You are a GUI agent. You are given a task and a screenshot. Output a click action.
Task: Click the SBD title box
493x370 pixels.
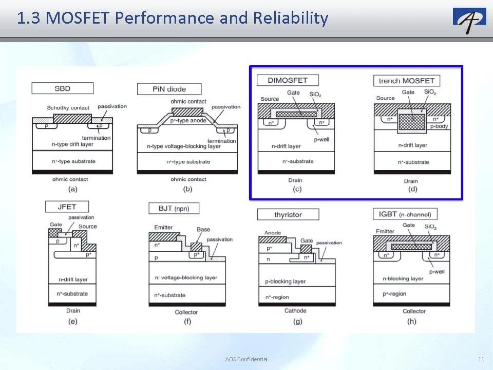pyautogui.click(x=63, y=88)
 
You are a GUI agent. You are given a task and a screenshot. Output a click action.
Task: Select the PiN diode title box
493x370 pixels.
pyautogui.click(x=169, y=89)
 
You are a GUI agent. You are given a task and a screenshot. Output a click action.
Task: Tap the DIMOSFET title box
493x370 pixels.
pyautogui.click(x=288, y=80)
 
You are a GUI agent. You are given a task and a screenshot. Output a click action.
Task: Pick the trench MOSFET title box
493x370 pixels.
pyautogui.click(x=407, y=81)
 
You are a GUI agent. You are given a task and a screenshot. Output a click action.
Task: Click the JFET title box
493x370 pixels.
pyautogui.click(x=67, y=207)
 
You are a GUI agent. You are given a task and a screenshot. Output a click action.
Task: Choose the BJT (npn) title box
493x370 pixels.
pyautogui.click(x=174, y=208)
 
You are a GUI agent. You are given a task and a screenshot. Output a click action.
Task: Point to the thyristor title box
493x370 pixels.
pyautogui.click(x=288, y=215)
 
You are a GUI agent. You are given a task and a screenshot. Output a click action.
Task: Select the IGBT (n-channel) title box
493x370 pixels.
pyautogui.click(x=405, y=214)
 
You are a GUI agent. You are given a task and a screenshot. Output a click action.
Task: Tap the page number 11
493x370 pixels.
pyautogui.click(x=481, y=359)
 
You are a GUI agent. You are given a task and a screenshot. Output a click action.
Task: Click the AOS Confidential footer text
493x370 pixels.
pyautogui.click(x=246, y=359)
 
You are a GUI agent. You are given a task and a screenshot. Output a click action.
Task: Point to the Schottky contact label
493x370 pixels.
pyautogui.click(x=68, y=107)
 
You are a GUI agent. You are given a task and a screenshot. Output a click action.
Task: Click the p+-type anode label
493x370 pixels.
pyautogui.click(x=188, y=120)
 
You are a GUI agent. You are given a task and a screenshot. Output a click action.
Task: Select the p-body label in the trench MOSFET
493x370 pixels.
pyautogui.click(x=439, y=126)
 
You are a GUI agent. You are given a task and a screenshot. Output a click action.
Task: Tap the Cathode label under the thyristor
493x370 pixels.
pyautogui.click(x=295, y=311)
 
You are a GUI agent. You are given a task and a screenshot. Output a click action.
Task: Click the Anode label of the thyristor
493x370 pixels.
pyautogui.click(x=273, y=233)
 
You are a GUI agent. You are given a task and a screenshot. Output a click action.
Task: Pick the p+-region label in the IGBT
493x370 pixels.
pyautogui.click(x=394, y=294)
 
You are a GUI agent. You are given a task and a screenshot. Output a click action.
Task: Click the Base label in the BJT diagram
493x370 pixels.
pyautogui.click(x=203, y=229)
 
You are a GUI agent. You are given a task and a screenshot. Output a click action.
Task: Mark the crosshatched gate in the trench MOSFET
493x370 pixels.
pyautogui.click(x=412, y=122)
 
